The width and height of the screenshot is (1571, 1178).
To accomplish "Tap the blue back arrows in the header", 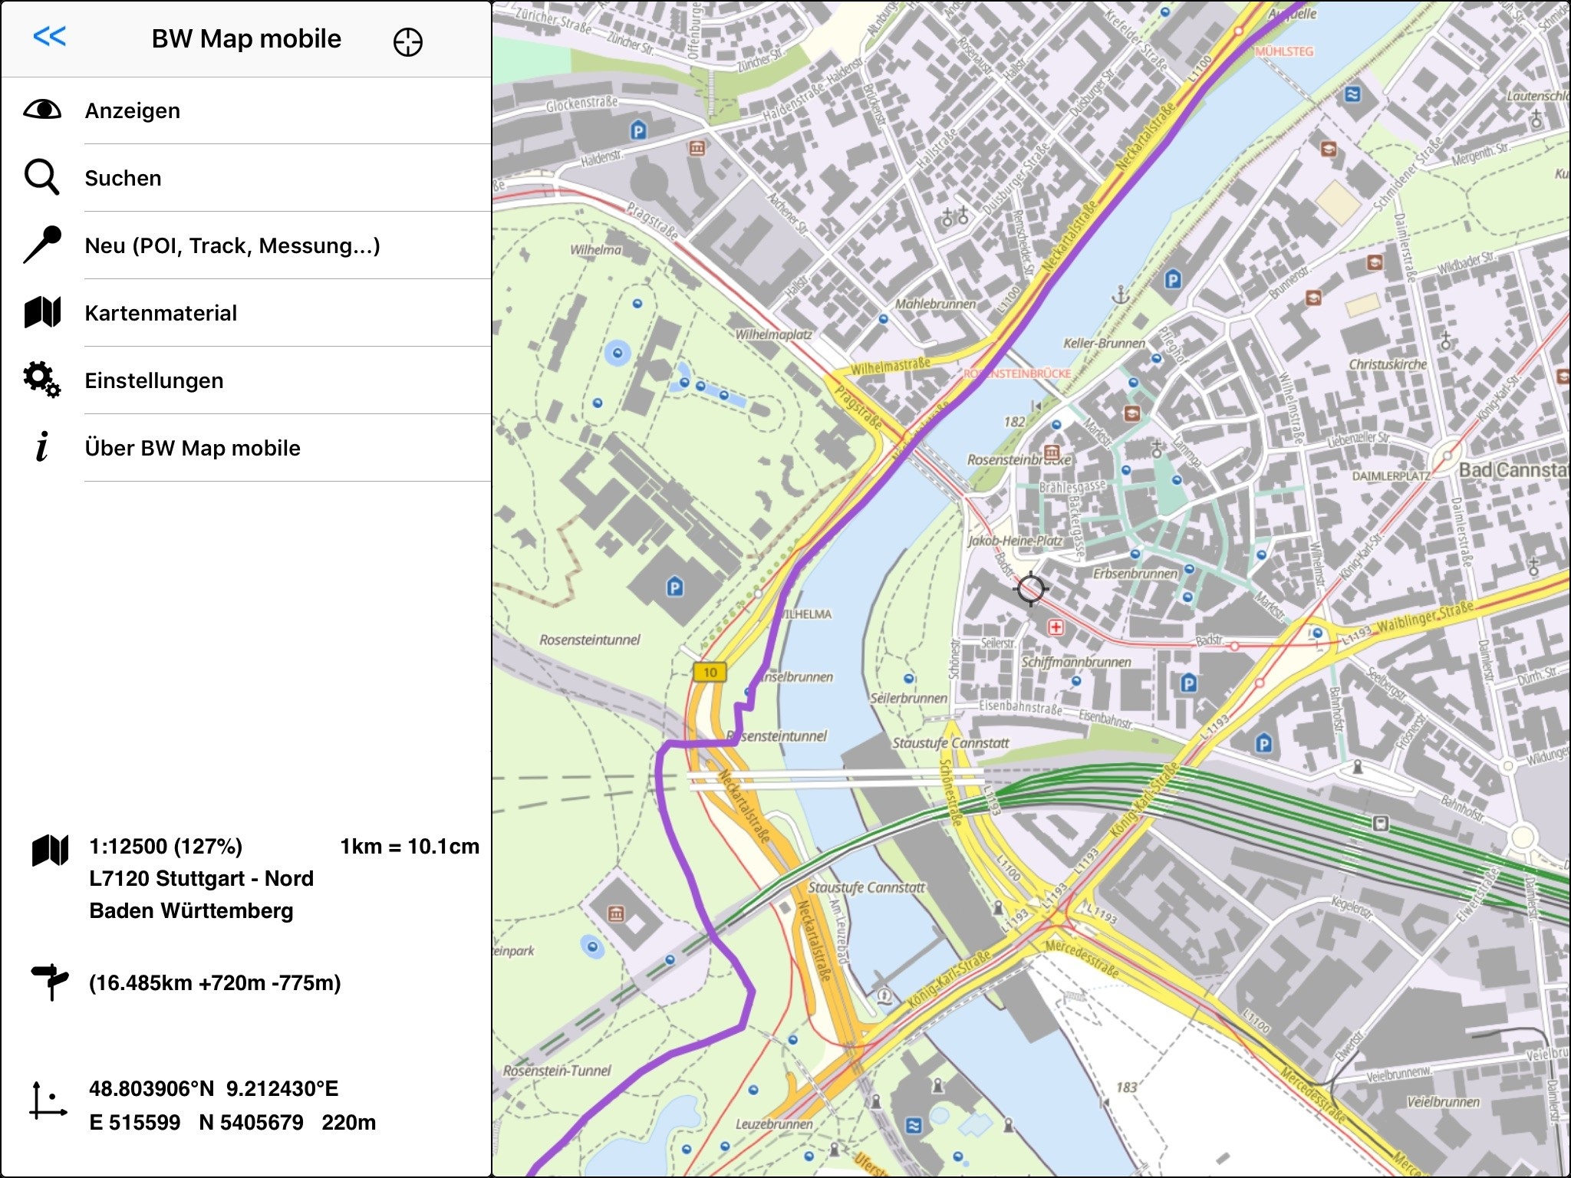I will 50,36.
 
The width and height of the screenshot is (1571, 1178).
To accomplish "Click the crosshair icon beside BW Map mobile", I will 407,42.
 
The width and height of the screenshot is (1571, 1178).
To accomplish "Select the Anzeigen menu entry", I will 133,110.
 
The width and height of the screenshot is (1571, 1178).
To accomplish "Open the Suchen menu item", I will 123,178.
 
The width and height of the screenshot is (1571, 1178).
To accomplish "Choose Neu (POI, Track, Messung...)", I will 232,245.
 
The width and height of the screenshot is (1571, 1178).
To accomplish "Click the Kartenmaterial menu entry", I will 160,313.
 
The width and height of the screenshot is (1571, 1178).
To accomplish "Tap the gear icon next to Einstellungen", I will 41,380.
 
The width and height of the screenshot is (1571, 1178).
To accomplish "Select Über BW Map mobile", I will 192,448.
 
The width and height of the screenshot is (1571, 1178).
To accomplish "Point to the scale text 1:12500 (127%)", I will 166,847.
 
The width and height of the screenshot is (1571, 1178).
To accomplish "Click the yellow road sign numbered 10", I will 710,673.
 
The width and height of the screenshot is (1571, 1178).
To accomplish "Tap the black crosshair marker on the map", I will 1030,589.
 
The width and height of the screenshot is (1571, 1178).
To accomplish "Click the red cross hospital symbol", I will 1056,627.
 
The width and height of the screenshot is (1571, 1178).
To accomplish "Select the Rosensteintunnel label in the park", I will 589,640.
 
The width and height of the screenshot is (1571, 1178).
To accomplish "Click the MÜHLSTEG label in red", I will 1284,51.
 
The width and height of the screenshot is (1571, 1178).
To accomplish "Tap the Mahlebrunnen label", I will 935,304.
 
